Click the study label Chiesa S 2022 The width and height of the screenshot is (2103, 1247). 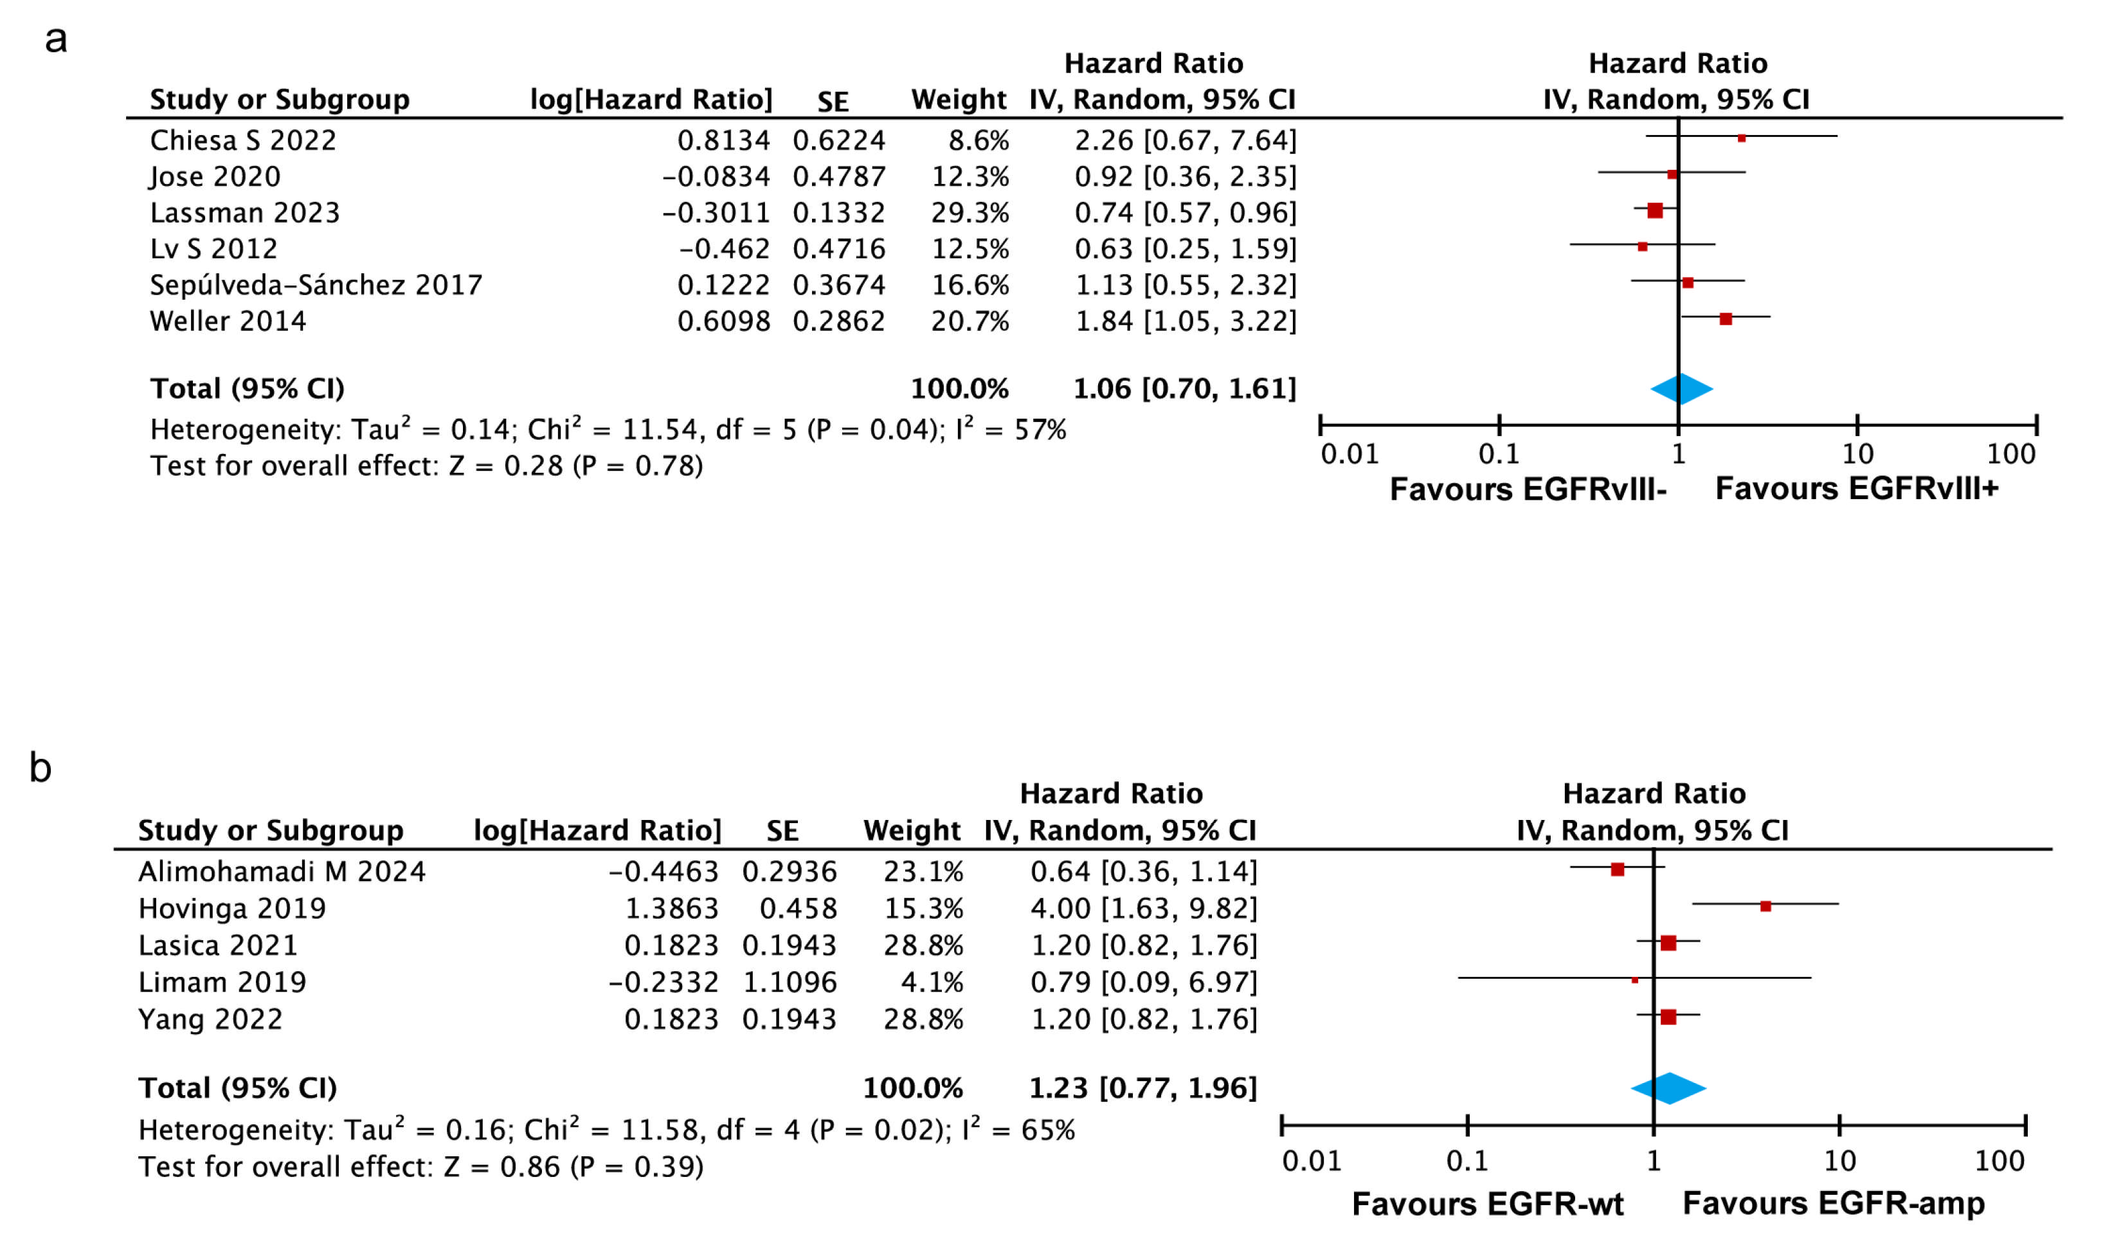tap(243, 140)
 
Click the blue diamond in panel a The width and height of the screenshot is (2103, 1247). tap(1681, 389)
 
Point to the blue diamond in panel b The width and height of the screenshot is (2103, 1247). tap(1668, 1088)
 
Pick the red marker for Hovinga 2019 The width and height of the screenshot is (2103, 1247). tap(1765, 906)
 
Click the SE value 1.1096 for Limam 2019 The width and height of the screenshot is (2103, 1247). tap(790, 981)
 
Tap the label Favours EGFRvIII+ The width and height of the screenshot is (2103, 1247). tap(1856, 488)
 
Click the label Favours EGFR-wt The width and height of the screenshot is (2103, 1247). tap(1487, 1203)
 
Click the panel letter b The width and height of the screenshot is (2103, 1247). tap(41, 767)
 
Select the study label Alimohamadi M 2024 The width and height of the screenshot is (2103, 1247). tap(282, 871)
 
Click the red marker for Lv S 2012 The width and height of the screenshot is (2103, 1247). tap(1642, 247)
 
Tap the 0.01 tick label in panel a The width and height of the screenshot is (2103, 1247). tap(1349, 454)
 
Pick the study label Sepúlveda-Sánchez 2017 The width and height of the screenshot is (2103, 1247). tap(316, 285)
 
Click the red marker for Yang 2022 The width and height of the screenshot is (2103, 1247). tap(1668, 1017)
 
